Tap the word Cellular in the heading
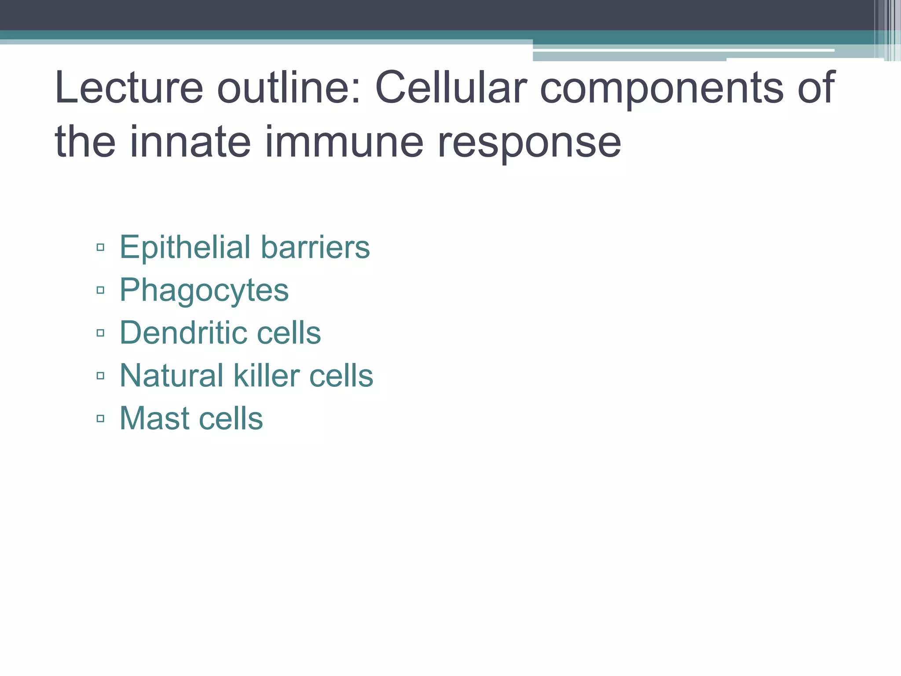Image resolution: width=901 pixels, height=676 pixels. coord(450,88)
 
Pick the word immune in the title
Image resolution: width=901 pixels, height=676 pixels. coord(344,142)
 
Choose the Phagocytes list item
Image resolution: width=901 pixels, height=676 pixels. coord(204,291)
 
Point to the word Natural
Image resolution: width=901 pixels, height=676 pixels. coord(172,375)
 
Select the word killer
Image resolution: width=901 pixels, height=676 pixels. coord(266,375)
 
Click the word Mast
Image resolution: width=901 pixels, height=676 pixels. coord(154,418)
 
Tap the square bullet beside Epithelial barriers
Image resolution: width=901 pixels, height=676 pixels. coord(100,247)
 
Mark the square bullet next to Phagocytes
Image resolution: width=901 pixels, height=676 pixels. coord(100,290)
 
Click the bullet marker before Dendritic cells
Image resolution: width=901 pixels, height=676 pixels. coord(100,333)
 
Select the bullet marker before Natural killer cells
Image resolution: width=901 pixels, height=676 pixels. coord(100,375)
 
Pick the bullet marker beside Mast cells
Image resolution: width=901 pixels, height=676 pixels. coord(100,418)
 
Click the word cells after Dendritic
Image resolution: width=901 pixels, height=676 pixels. coord(289,333)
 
